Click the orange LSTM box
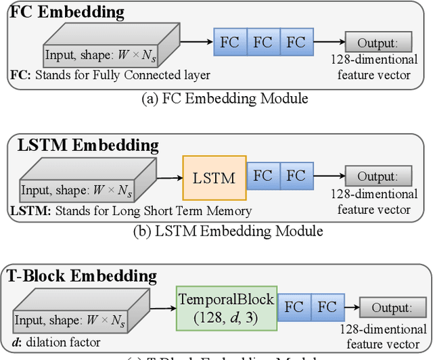point(214,178)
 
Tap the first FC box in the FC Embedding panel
point(230,43)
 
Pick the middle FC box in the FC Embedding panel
point(263,43)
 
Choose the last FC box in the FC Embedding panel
point(296,43)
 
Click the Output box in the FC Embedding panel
point(374,43)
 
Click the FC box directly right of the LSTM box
point(263,177)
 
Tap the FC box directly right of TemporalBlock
point(294,307)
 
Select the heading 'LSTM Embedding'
point(84,145)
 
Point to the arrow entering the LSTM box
point(170,177)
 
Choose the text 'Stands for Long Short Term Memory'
point(152,211)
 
